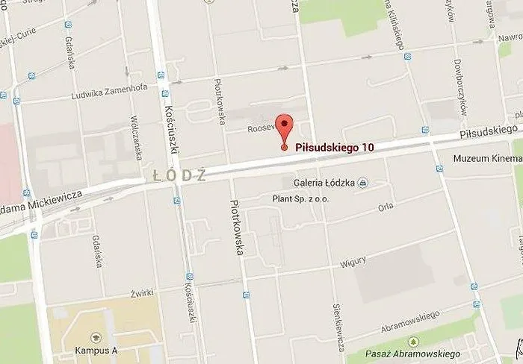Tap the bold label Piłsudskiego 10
tap(335, 148)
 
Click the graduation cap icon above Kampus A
tap(95, 338)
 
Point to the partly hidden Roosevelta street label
tap(262, 128)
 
